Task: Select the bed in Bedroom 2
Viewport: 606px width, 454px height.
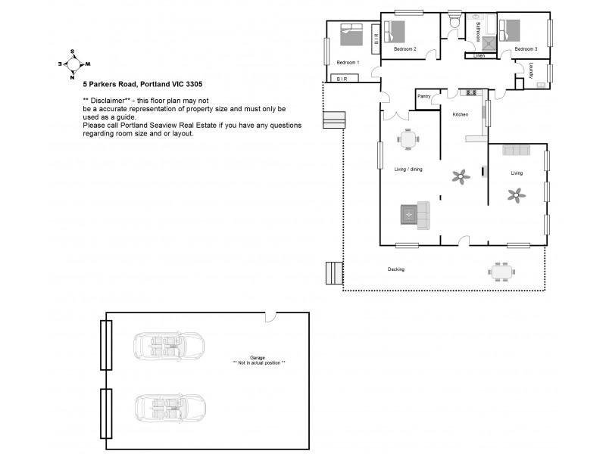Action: click(395, 32)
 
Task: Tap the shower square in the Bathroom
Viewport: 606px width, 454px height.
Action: click(490, 43)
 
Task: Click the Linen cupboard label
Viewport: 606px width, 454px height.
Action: click(479, 56)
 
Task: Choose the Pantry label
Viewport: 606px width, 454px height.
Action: click(423, 96)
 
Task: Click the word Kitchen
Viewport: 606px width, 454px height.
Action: click(461, 114)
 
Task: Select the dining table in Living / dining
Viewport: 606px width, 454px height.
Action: click(408, 140)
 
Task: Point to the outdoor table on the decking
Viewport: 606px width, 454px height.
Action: click(501, 271)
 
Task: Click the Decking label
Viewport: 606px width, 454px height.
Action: click(396, 269)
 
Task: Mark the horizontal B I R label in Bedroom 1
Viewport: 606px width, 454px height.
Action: click(342, 79)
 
